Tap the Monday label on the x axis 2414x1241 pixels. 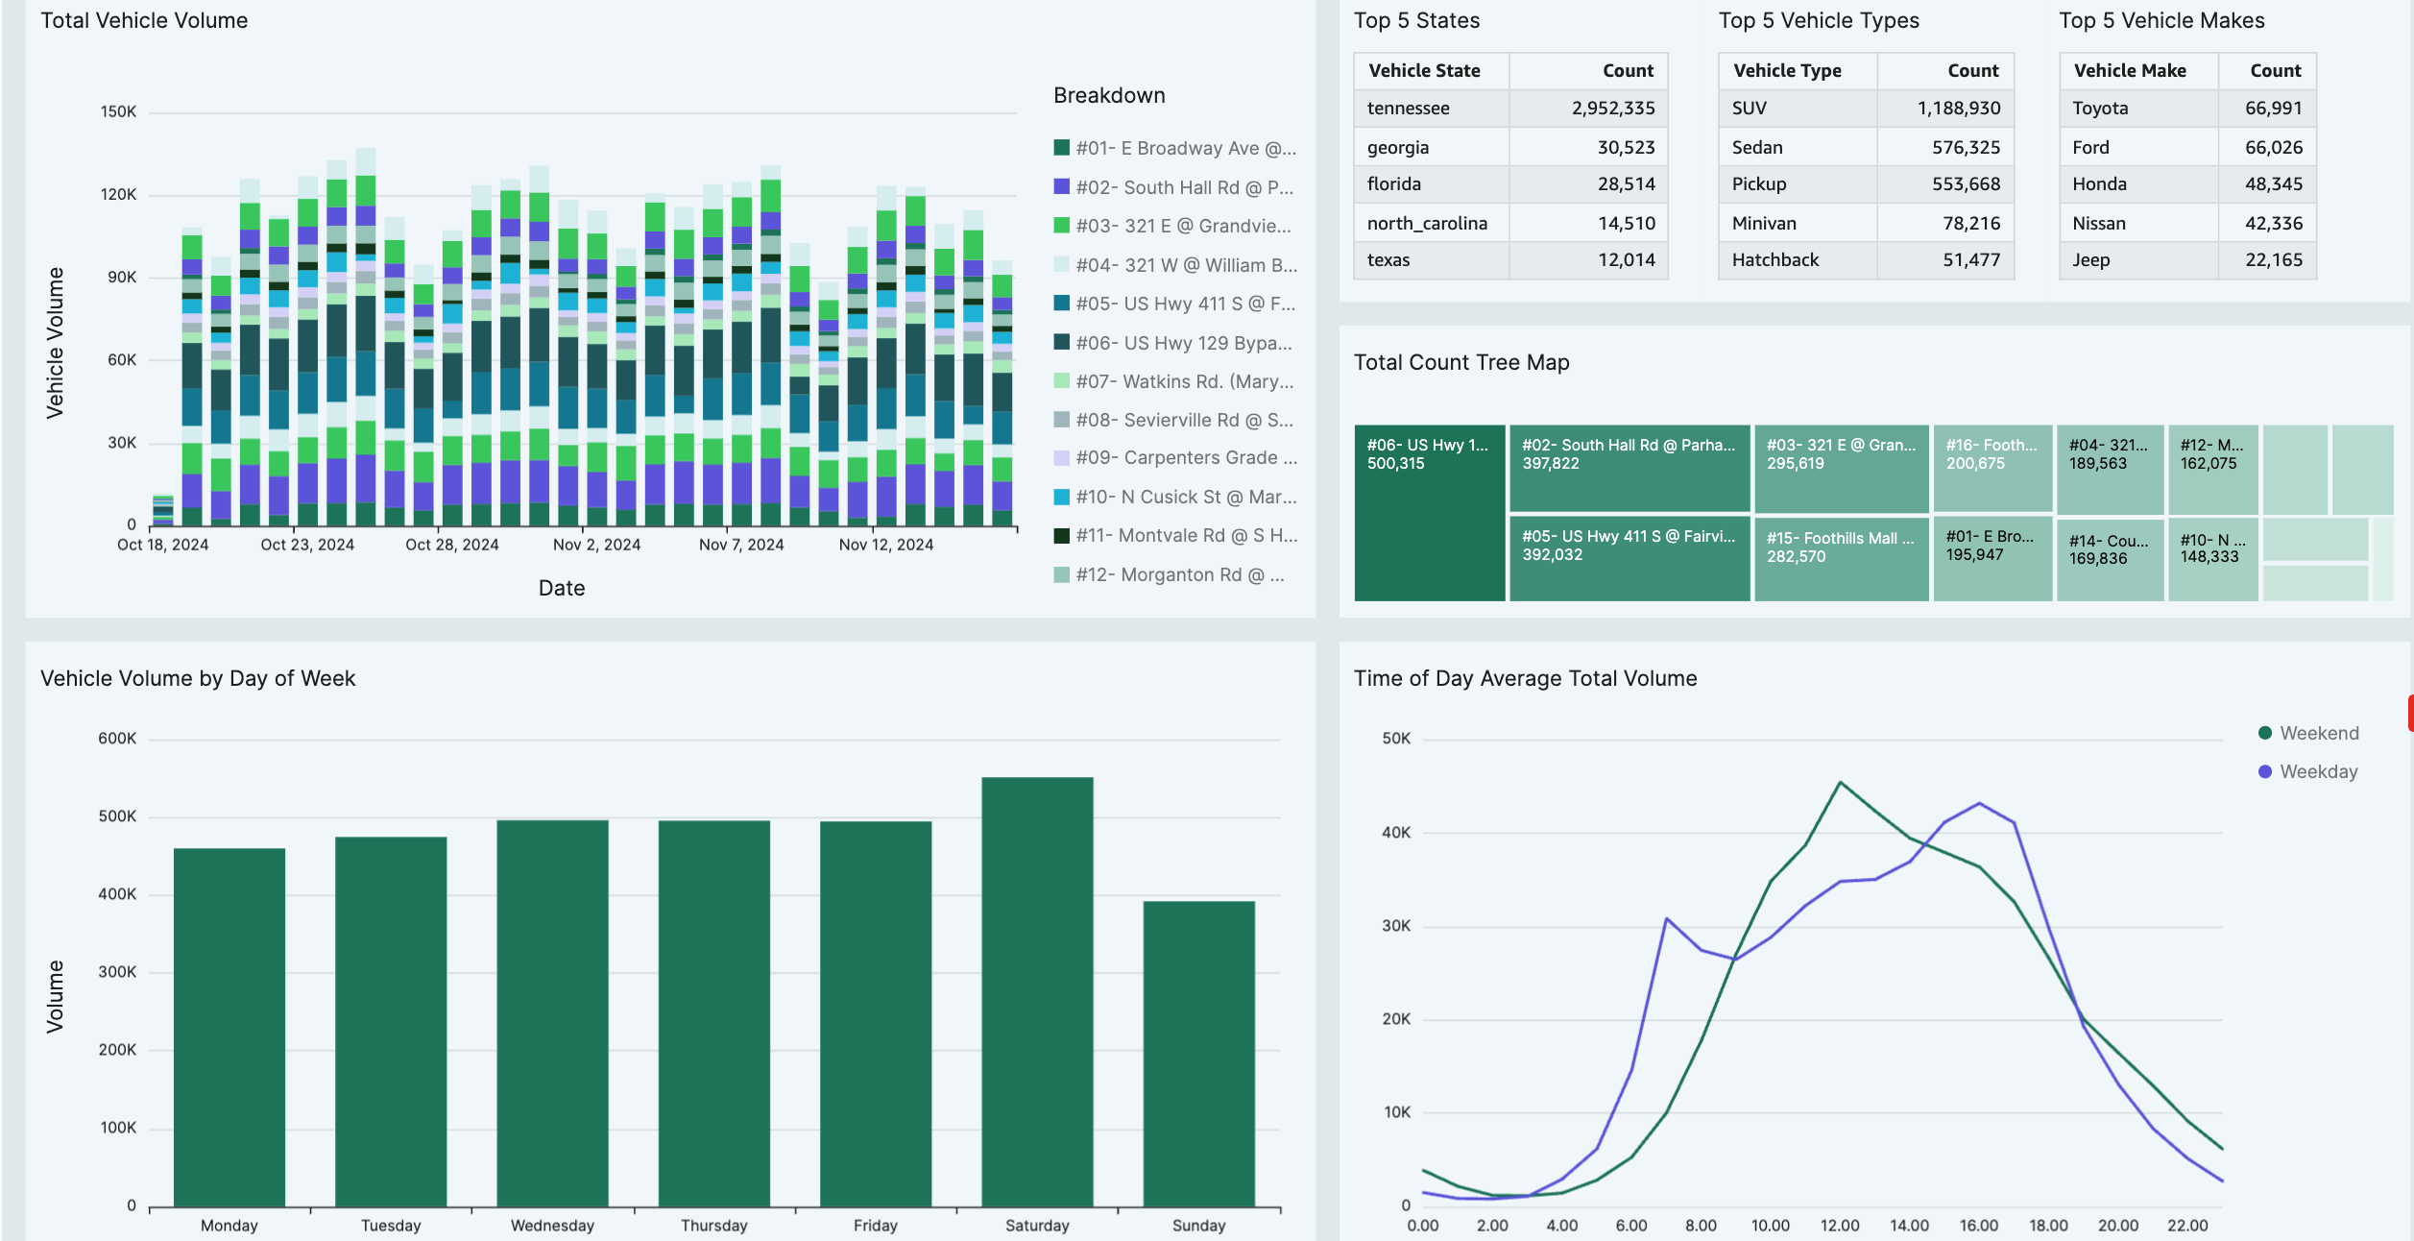tap(229, 1226)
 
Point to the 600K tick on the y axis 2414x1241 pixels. tap(117, 739)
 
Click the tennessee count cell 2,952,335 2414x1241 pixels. tap(1613, 109)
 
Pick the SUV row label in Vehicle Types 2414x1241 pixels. tap(1749, 109)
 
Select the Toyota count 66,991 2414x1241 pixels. tap(2273, 109)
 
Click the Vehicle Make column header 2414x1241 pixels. tap(2130, 71)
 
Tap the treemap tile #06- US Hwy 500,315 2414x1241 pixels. tap(1429, 512)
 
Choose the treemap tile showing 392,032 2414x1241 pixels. tap(1629, 558)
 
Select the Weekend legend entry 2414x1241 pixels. tap(2318, 733)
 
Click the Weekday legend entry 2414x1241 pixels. tap(2318, 771)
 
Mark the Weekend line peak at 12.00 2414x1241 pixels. tap(1840, 782)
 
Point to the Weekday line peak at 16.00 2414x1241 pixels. tap(1979, 803)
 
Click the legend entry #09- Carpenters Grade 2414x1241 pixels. tap(1185, 458)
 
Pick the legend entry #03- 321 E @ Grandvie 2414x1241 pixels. tap(1182, 226)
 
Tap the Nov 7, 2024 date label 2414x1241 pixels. tap(741, 545)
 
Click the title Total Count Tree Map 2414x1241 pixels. tap(1461, 362)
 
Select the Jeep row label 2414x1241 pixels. tap(2090, 260)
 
